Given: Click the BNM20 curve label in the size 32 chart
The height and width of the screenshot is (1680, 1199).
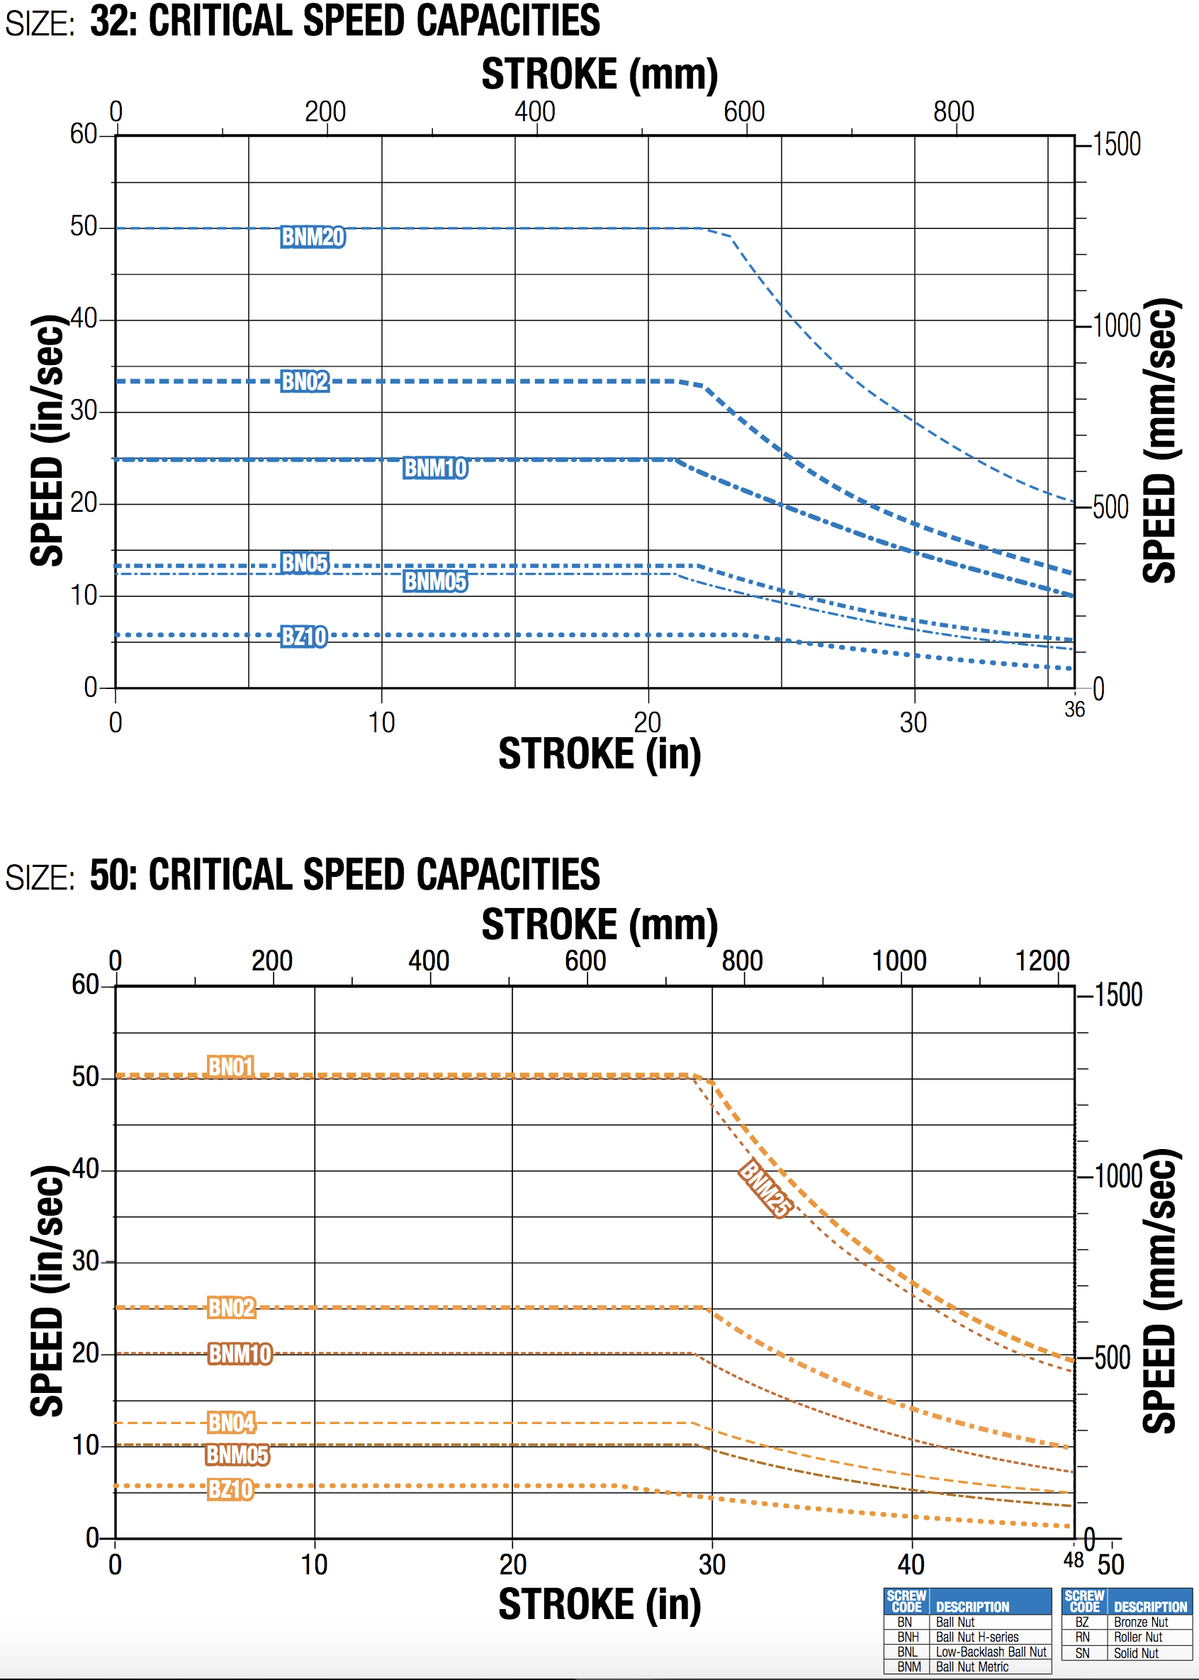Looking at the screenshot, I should pyautogui.click(x=313, y=237).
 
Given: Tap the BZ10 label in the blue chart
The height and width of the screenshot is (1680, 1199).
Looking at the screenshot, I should pyautogui.click(x=303, y=636).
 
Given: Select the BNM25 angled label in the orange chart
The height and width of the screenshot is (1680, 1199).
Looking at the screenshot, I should pyautogui.click(x=765, y=1187).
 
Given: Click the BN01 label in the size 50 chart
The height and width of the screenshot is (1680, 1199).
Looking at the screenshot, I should pyautogui.click(x=230, y=1066).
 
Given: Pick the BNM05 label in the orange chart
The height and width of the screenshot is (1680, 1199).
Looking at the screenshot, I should pyautogui.click(x=237, y=1454).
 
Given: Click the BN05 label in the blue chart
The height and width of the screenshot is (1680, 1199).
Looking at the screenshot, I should pyautogui.click(x=304, y=563).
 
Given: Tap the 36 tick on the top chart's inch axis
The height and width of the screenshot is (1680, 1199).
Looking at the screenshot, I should pyautogui.click(x=1074, y=710).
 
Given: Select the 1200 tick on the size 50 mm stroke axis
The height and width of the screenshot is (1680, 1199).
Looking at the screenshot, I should pyautogui.click(x=1042, y=961).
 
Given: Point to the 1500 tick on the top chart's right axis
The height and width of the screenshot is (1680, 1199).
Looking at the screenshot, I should pyautogui.click(x=1116, y=144).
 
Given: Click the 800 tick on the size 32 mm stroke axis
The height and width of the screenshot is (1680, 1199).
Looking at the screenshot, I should pyautogui.click(x=953, y=111).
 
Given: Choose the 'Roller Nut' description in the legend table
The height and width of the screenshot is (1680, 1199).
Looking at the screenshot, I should pyautogui.click(x=1138, y=1637).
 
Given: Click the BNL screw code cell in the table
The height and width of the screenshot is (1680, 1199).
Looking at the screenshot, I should pyautogui.click(x=907, y=1651).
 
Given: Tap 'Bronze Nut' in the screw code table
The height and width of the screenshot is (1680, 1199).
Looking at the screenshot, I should pyautogui.click(x=1141, y=1622).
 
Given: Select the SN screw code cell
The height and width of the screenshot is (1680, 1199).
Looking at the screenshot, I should pyautogui.click(x=1082, y=1652).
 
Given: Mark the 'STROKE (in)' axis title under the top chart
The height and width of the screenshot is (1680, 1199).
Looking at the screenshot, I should pyautogui.click(x=599, y=754).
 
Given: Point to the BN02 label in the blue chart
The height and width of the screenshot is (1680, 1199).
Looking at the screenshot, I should pyautogui.click(x=304, y=381).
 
